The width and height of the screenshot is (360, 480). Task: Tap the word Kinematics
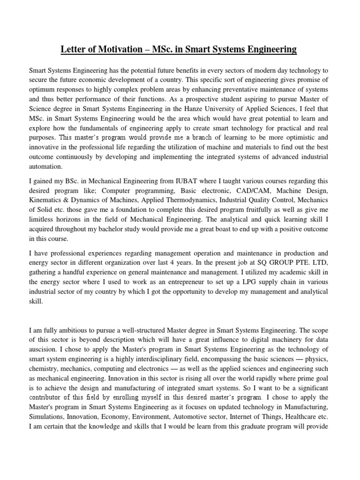46,201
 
